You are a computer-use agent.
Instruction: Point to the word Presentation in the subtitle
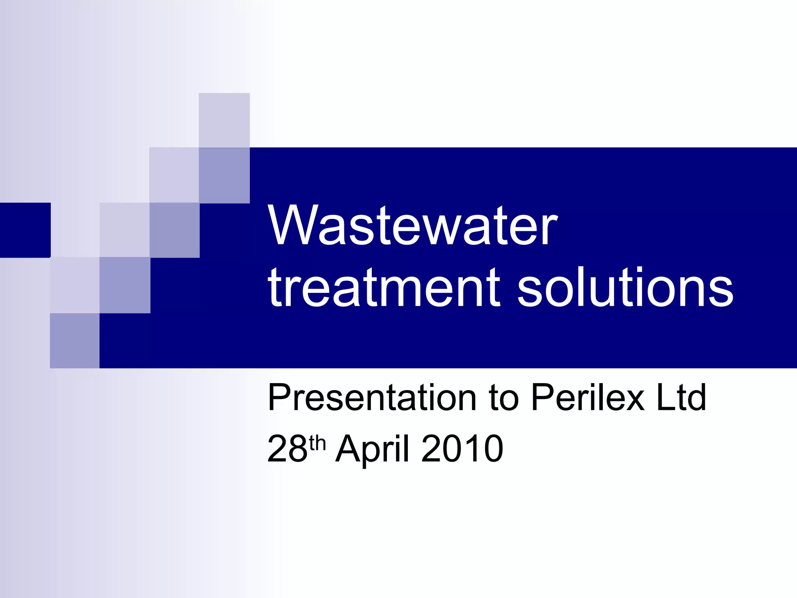pos(372,398)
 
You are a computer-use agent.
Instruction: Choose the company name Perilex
pos(588,398)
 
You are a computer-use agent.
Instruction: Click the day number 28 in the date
pos(287,448)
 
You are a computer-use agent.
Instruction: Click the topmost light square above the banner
pos(224,120)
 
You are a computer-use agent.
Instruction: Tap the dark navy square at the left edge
pos(25,230)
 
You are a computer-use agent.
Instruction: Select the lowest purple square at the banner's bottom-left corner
pos(75,341)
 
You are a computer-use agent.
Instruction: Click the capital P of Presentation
pos(279,398)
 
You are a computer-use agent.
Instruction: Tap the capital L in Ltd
pos(664,398)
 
